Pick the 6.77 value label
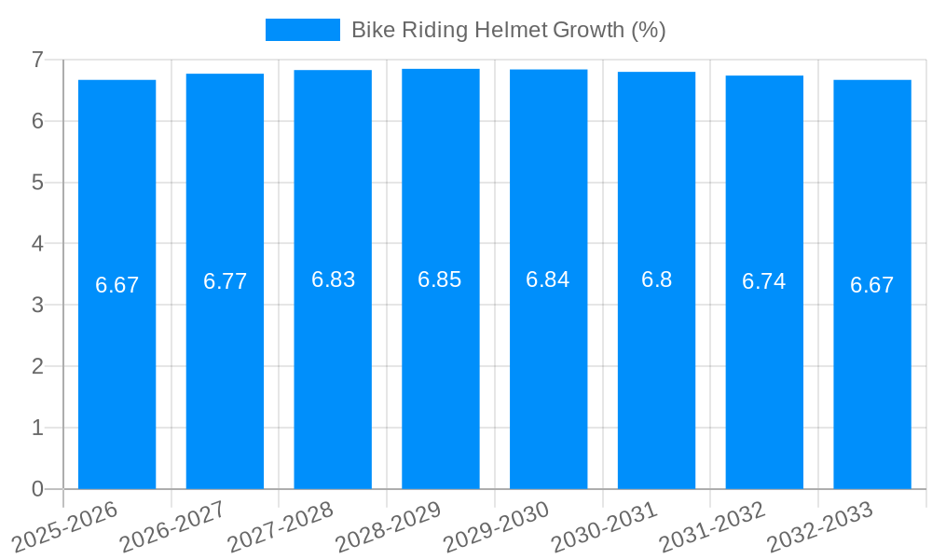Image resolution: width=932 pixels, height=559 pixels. [225, 281]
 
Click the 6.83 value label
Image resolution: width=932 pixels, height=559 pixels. [333, 279]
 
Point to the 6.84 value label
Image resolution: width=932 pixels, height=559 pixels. [548, 279]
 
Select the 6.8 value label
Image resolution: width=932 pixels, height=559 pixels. [656, 279]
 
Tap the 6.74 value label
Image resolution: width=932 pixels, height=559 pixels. [764, 281]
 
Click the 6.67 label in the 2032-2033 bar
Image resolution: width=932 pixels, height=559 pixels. [871, 285]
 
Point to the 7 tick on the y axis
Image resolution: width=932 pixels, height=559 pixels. [37, 60]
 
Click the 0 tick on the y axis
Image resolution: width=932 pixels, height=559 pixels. [37, 489]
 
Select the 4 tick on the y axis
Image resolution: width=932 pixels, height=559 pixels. [37, 243]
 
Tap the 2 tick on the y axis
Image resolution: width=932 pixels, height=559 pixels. [37, 366]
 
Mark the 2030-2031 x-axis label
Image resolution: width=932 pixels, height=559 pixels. [604, 526]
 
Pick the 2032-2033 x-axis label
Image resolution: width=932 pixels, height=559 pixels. [819, 526]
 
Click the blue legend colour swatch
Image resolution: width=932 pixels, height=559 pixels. [302, 30]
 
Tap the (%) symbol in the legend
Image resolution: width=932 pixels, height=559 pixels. [649, 30]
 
